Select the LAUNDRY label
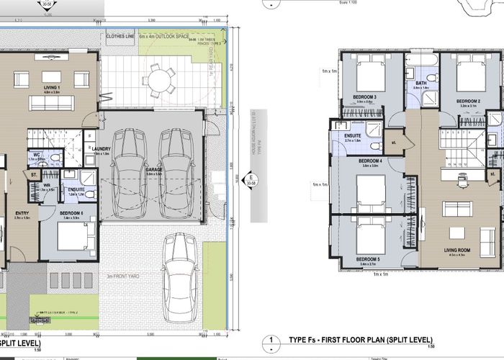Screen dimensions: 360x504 point(102,149)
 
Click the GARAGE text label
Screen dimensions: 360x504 point(156,171)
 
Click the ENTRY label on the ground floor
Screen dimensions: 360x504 point(22,213)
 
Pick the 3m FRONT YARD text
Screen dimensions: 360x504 point(123,276)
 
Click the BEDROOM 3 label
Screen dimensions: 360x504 point(364,96)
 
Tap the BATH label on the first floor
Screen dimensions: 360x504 point(421,83)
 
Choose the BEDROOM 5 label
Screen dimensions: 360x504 point(368,258)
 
